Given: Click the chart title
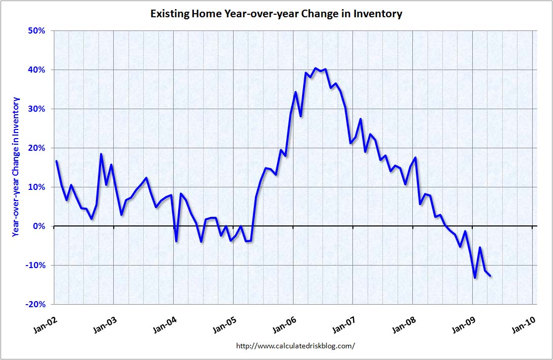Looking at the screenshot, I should click(x=276, y=14).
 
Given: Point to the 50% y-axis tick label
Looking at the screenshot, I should click(x=36, y=30).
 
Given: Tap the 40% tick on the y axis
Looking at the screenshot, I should click(x=36, y=70).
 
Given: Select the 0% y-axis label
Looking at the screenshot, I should click(x=38, y=226).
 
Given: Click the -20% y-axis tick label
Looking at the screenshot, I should click(x=35, y=304).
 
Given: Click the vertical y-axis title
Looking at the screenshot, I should click(x=16, y=167).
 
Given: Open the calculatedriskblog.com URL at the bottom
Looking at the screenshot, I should click(x=295, y=346).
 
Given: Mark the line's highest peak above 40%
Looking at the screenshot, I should click(x=315, y=68).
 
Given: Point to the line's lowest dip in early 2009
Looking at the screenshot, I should click(x=475, y=277).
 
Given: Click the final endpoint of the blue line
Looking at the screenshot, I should click(x=490, y=276).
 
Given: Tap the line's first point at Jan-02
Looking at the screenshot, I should click(x=56, y=161).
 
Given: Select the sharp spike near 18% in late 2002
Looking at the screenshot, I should click(x=101, y=154).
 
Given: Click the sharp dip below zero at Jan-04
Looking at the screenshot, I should click(x=176, y=241).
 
